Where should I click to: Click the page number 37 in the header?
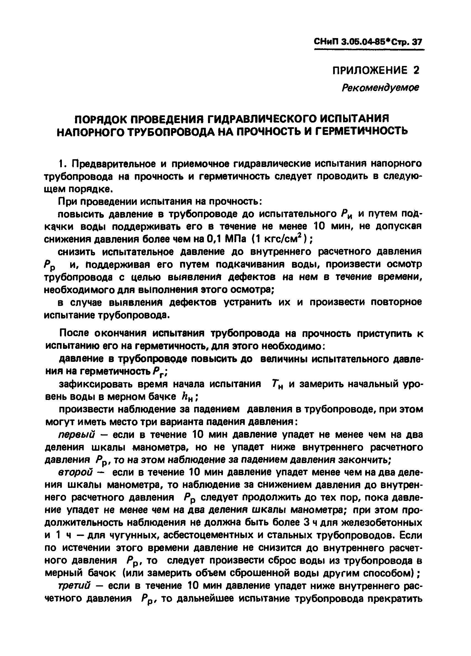[417, 43]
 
